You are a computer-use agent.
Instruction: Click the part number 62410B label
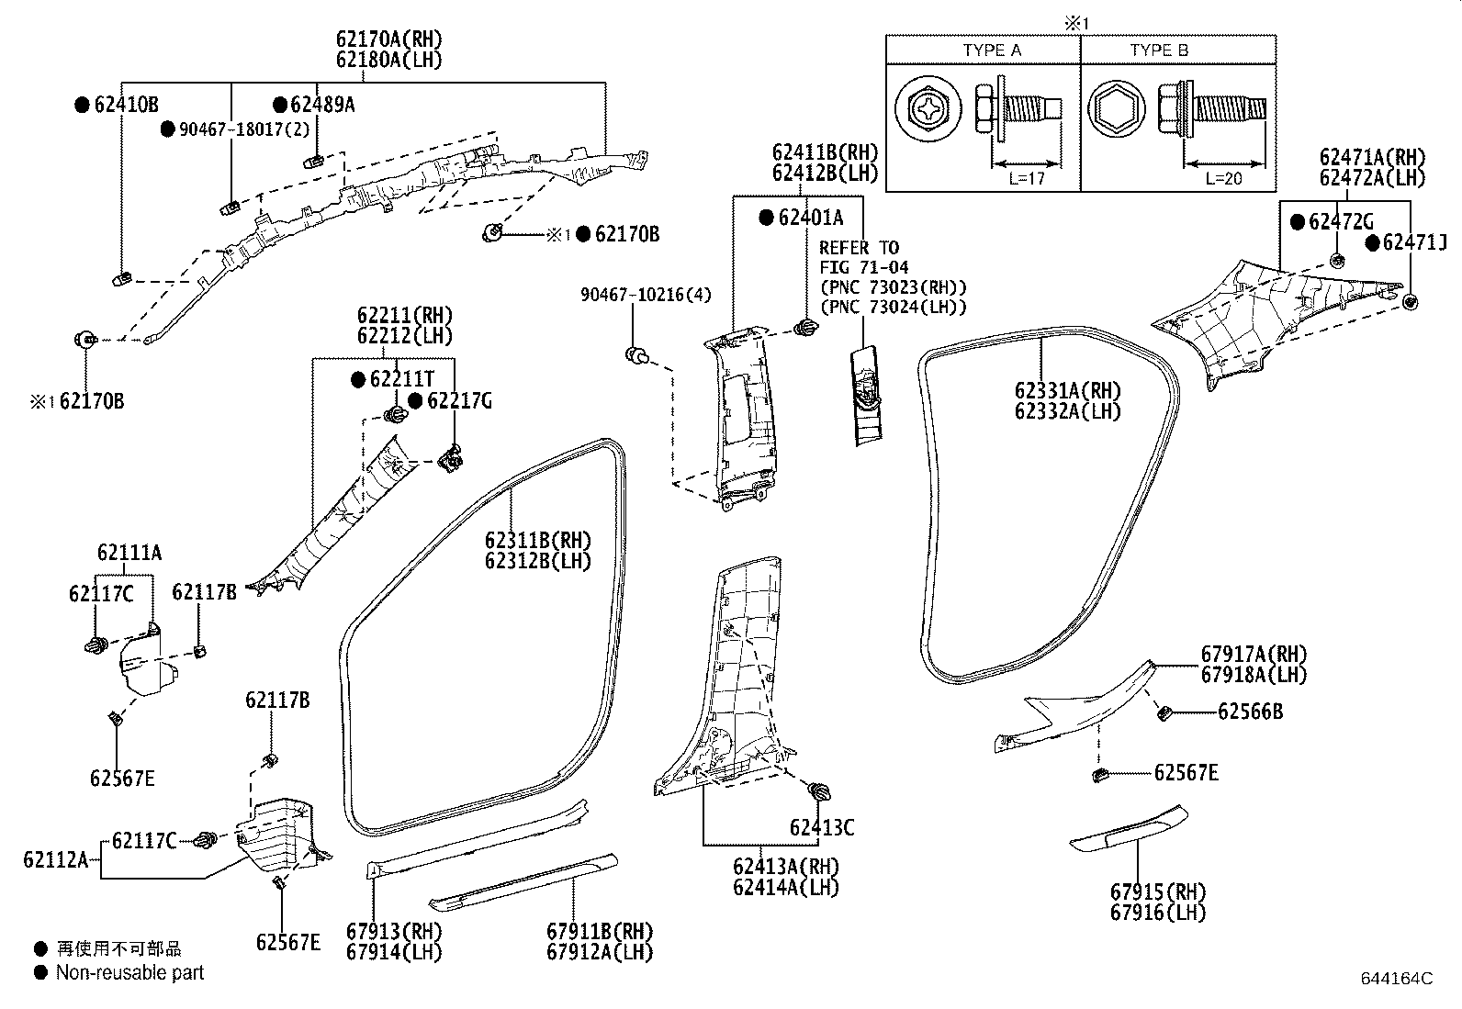(126, 105)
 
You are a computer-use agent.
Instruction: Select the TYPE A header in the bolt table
(992, 50)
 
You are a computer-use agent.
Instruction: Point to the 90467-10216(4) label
(646, 295)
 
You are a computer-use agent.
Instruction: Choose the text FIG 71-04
(864, 267)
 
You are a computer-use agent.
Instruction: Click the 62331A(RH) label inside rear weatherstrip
(1068, 391)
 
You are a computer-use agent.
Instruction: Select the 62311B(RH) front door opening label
(538, 540)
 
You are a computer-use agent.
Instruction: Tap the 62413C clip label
(822, 828)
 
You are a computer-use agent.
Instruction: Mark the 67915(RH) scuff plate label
(1158, 891)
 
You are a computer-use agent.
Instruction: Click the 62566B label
(1251, 712)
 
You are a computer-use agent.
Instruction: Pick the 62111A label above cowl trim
(129, 553)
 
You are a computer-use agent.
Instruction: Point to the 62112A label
(55, 860)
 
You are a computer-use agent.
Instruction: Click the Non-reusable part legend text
(129, 972)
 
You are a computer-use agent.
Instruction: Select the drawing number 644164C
(1396, 979)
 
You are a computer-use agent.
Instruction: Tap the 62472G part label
(1341, 221)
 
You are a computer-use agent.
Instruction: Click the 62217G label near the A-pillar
(459, 400)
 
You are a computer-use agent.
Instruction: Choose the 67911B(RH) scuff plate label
(600, 932)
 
